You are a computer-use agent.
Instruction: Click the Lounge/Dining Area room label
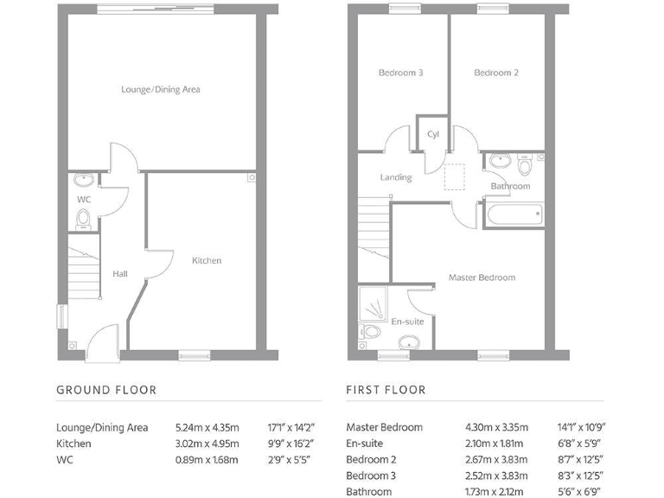pos(161,89)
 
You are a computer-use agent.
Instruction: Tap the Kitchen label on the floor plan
pos(207,260)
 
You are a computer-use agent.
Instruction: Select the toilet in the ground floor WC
pos(83,220)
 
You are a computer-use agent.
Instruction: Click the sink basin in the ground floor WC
pos(83,181)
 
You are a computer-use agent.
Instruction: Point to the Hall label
pos(119,274)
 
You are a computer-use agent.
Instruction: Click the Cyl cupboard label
pos(433,134)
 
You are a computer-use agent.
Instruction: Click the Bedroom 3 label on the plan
pos(400,73)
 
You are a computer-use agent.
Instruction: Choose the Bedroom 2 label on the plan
pos(496,73)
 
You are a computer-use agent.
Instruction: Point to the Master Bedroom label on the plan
pos(482,278)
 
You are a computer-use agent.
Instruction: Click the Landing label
pos(396,177)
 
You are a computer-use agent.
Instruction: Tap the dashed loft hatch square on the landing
pos(455,177)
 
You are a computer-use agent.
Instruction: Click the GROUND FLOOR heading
pos(106,390)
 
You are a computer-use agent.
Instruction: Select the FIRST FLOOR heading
pos(386,390)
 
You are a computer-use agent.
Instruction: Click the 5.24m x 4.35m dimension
pos(207,427)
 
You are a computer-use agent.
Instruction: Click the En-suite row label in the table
pos(367,444)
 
